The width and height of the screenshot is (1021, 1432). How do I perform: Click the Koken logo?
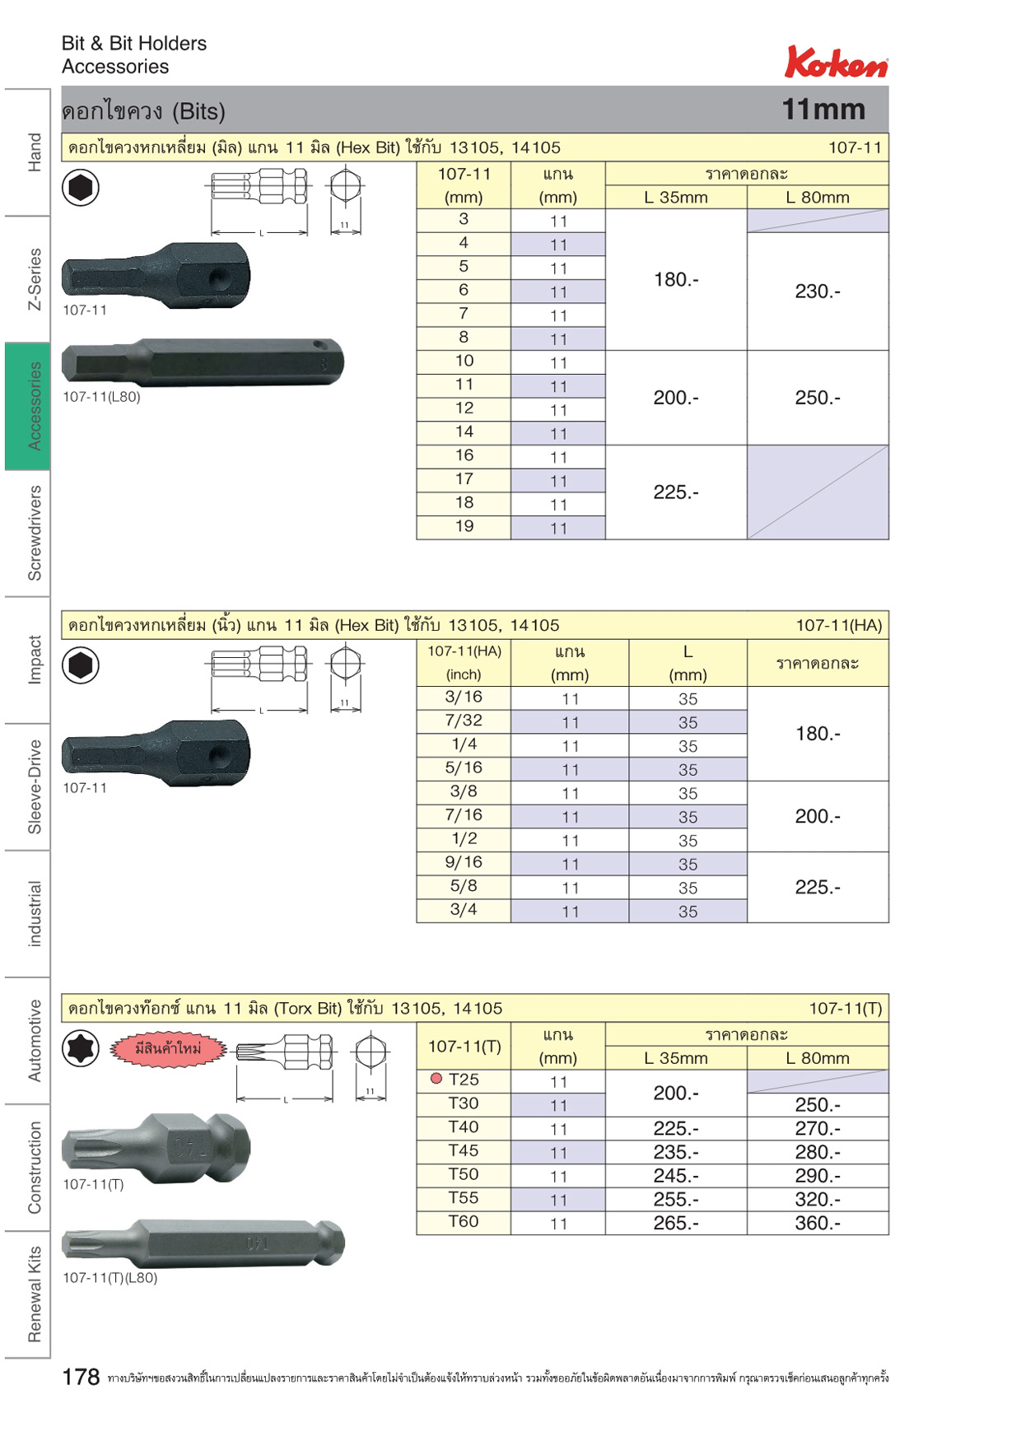(x=836, y=62)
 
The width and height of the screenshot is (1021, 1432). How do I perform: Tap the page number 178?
(x=81, y=1377)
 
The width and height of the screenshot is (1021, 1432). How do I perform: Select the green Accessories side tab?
(x=27, y=406)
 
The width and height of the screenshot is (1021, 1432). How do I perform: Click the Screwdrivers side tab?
(x=34, y=533)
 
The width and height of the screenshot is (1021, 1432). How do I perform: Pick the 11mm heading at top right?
(x=823, y=110)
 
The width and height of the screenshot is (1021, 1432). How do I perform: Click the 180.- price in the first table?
(x=676, y=280)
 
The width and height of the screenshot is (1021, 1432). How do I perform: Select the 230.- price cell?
(x=818, y=292)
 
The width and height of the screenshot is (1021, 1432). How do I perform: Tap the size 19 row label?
(x=464, y=526)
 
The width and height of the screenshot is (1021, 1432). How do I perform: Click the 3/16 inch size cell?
(x=464, y=697)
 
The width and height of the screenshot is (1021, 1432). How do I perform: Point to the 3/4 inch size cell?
(x=464, y=910)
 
